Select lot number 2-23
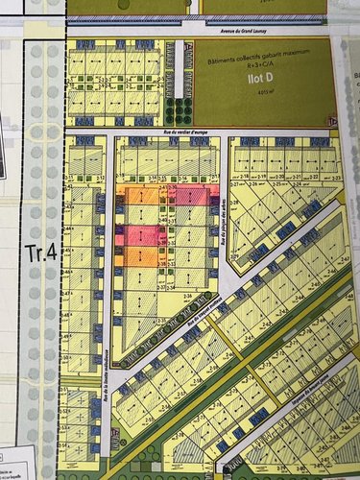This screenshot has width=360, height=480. coord(335,178)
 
